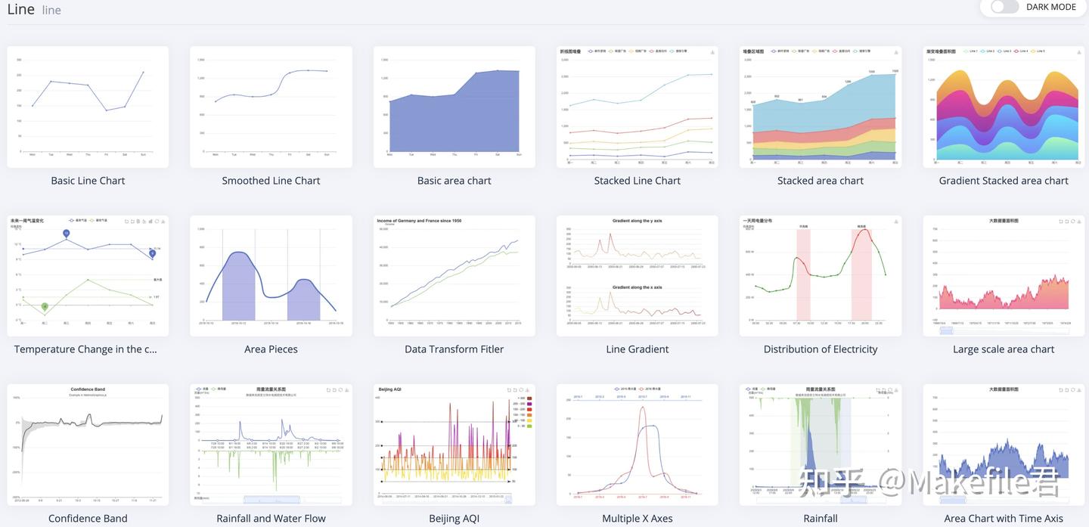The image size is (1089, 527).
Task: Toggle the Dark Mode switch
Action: pyautogui.click(x=1004, y=7)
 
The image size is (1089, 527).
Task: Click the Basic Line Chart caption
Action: pyautogui.click(x=88, y=181)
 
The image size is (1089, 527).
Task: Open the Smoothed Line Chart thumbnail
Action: pyautogui.click(x=271, y=107)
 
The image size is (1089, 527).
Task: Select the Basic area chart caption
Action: pyautogui.click(x=454, y=181)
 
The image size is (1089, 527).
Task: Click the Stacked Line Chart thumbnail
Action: pyautogui.click(x=637, y=107)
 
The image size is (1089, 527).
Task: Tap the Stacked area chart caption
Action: pyautogui.click(x=820, y=181)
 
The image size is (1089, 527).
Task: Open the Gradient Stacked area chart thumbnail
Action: pyautogui.click(x=1004, y=107)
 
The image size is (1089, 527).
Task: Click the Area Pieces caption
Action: pyautogui.click(x=271, y=349)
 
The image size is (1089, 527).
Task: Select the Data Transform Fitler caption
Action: pyautogui.click(x=454, y=349)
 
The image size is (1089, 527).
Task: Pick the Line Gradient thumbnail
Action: pyautogui.click(x=637, y=276)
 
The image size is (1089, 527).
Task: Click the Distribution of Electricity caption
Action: pyautogui.click(x=820, y=349)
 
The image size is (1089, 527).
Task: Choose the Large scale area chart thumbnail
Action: pyautogui.click(x=1004, y=276)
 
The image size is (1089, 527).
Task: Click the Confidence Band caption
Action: pyautogui.click(x=88, y=518)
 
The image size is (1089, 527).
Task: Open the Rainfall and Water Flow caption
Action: pyautogui.click(x=271, y=518)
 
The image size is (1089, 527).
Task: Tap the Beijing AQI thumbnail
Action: pyautogui.click(x=454, y=445)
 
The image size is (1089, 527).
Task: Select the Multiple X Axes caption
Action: pyautogui.click(x=637, y=518)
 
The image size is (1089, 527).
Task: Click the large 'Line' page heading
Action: pyautogui.click(x=20, y=9)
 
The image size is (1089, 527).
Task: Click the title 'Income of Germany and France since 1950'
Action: pyautogui.click(x=418, y=221)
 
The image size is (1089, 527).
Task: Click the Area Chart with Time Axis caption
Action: pyautogui.click(x=1004, y=518)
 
